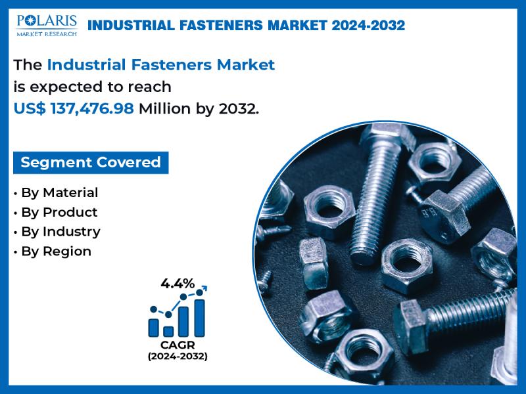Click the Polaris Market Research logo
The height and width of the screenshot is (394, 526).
47,26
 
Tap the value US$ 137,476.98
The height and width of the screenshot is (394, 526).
74,108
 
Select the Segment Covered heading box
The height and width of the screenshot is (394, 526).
91,162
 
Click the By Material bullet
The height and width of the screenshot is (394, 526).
56,193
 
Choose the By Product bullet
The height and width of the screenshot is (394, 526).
56,212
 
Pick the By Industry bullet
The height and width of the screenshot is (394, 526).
57,232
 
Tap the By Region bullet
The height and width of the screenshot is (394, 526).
53,252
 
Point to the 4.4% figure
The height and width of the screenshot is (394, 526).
178,284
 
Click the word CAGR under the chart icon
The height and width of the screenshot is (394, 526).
178,345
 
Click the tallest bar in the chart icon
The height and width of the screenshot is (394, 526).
199,318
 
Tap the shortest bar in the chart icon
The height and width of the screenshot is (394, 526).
168,332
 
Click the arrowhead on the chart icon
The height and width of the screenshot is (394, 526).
205,288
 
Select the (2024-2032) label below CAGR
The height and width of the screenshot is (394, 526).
178,356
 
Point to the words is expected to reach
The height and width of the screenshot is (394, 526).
92,87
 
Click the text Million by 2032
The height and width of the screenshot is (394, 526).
199,108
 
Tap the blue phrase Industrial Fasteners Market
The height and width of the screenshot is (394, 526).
161,64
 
